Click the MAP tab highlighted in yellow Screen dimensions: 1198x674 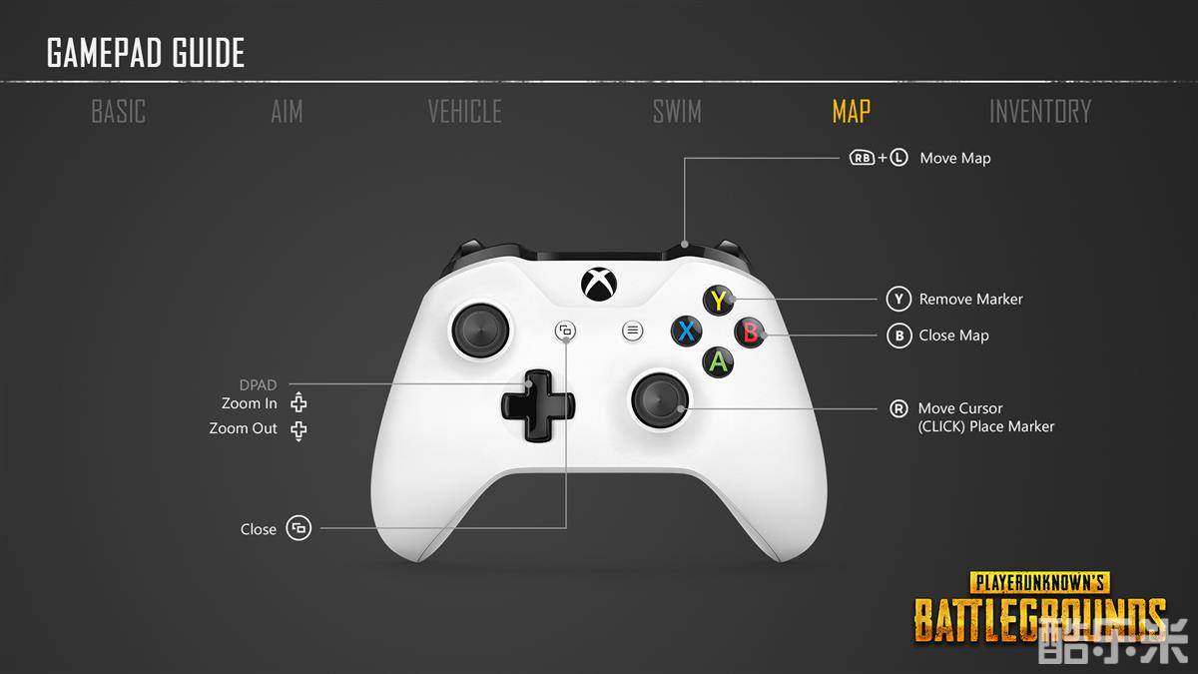click(x=851, y=111)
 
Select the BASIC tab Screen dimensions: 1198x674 click(x=118, y=111)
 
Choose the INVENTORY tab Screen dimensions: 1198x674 click(x=1040, y=111)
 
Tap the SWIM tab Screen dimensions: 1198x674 click(x=677, y=111)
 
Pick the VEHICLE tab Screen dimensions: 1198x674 click(x=464, y=111)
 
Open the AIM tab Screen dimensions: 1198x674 click(x=287, y=111)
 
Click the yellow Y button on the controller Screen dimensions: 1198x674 click(x=718, y=301)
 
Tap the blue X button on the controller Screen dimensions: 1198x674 click(x=687, y=332)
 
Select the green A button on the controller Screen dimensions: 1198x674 click(x=718, y=362)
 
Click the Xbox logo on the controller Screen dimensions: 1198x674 click(x=599, y=285)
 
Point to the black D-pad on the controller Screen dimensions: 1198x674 click(x=537, y=405)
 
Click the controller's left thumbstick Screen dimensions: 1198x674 click(x=480, y=331)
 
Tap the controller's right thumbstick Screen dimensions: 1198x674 click(x=660, y=400)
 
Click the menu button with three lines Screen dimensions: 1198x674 click(x=633, y=331)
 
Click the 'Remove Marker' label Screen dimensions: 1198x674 click(x=970, y=299)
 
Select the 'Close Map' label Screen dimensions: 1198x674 click(x=953, y=336)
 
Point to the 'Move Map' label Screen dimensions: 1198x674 click(x=955, y=159)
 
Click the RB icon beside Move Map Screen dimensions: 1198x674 click(x=863, y=158)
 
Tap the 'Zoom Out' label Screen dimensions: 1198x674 click(x=244, y=428)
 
